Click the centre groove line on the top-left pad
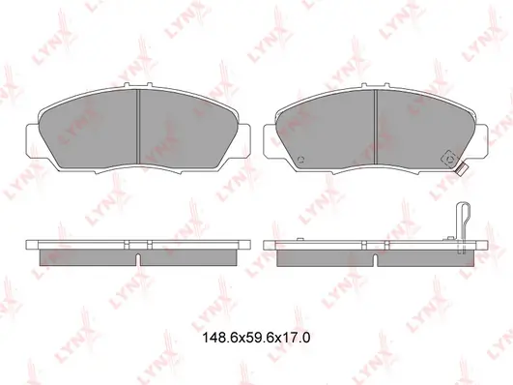tap(138, 126)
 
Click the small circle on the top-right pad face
tap(301, 160)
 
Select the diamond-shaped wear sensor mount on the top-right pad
tap(450, 160)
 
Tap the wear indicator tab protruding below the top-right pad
tap(461, 168)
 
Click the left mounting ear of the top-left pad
tap(34, 141)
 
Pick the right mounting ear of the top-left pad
tap(242, 141)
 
